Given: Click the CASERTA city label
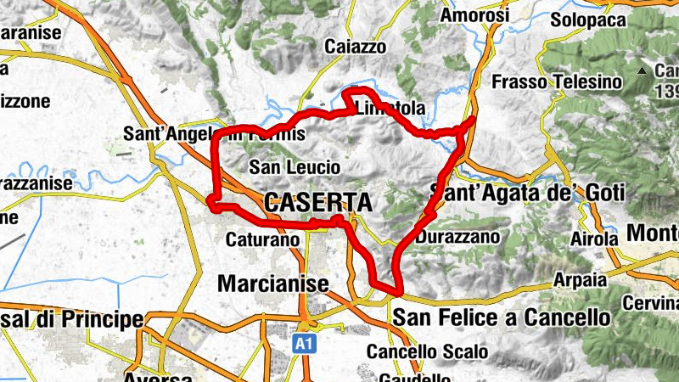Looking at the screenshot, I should (x=317, y=203).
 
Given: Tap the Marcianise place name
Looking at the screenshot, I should (x=272, y=284).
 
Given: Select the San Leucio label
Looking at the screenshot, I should (x=295, y=168).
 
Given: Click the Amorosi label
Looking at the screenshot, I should (x=475, y=15).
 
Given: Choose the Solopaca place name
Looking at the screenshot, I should (x=587, y=20).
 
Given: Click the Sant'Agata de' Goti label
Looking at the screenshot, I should (x=528, y=194).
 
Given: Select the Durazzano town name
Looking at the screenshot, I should (x=457, y=237).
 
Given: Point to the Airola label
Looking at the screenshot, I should (x=594, y=239).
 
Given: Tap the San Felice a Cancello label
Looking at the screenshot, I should (x=502, y=318).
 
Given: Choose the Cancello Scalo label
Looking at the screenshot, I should (x=427, y=351).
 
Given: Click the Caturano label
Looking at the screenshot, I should (x=263, y=240).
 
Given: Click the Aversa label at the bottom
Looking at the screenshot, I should (x=153, y=377).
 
